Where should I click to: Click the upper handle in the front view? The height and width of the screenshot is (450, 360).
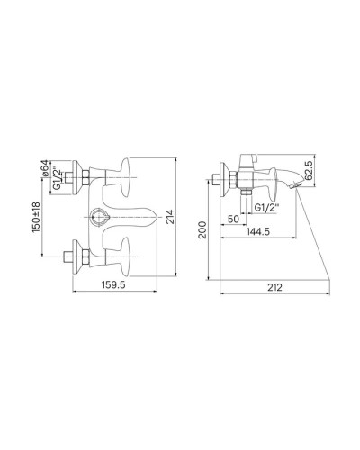(120, 176)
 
